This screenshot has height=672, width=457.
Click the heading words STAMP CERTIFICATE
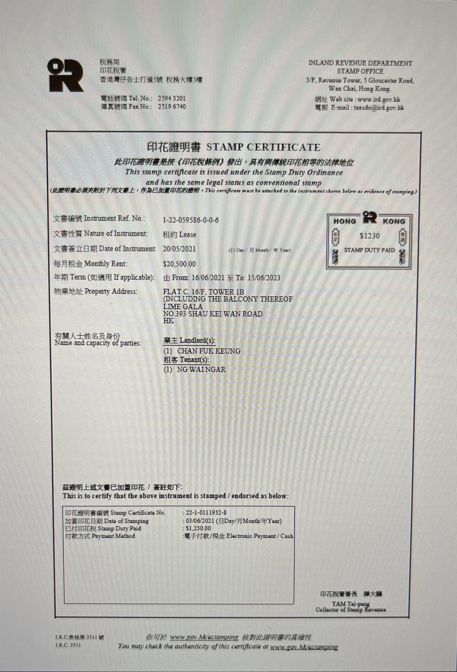(x=263, y=147)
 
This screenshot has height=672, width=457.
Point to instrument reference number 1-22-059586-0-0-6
(x=191, y=220)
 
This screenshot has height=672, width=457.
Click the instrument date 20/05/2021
(x=179, y=249)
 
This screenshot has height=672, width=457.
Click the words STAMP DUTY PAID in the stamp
(x=369, y=250)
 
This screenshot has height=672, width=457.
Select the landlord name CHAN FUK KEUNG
(x=209, y=351)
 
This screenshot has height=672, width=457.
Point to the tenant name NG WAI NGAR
(x=201, y=369)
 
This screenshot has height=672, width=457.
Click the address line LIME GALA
(x=183, y=306)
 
